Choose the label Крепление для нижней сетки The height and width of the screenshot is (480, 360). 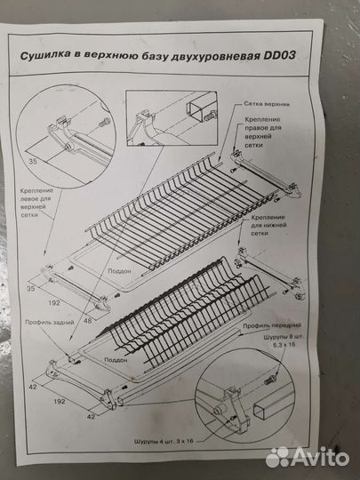[x=271, y=226]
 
